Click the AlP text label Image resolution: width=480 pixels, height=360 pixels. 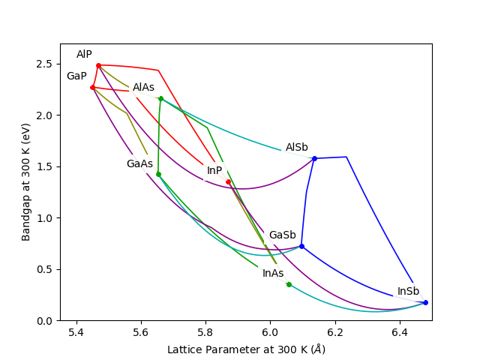pyautogui.click(x=84, y=55)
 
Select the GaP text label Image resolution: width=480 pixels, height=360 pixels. pyautogui.click(x=76, y=76)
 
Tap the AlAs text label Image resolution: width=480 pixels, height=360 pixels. pyautogui.click(x=143, y=88)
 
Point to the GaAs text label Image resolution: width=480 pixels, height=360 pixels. pyautogui.click(x=139, y=163)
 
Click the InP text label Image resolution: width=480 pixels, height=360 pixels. pyautogui.click(x=214, y=171)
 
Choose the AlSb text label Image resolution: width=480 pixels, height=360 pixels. pyautogui.click(x=296, y=148)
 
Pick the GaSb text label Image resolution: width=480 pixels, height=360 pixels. pyautogui.click(x=282, y=235)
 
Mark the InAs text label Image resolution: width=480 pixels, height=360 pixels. pyautogui.click(x=273, y=273)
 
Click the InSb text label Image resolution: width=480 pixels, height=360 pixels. pyautogui.click(x=408, y=292)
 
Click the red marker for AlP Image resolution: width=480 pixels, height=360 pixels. pyautogui.click(x=98, y=65)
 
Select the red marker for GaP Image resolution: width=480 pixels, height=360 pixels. pyautogui.click(x=92, y=87)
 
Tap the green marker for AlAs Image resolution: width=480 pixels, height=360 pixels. pyautogui.click(x=160, y=98)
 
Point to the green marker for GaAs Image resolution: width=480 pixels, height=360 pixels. pyautogui.click(x=158, y=174)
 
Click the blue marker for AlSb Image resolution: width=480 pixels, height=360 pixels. pyautogui.click(x=314, y=158)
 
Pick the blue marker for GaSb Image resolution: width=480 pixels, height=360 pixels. pyautogui.click(x=301, y=246)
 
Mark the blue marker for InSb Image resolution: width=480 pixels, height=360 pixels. pyautogui.click(x=425, y=302)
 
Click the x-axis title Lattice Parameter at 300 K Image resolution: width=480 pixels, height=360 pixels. pyautogui.click(x=246, y=349)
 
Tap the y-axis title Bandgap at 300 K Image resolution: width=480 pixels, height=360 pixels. pyautogui.click(x=26, y=182)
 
